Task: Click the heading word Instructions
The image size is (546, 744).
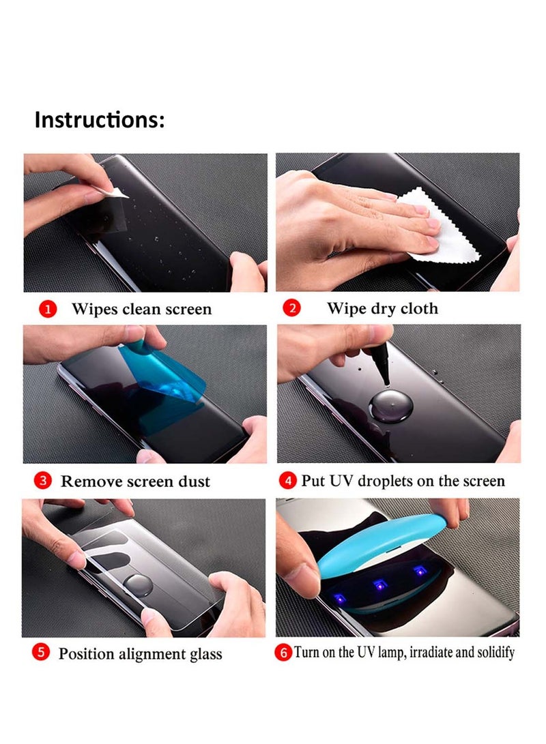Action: coord(97,119)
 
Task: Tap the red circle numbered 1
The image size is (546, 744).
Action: coord(48,310)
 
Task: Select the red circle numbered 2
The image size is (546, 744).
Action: coord(291,308)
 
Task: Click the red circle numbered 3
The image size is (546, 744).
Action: coord(43,481)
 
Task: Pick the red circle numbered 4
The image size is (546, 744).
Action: coord(288,481)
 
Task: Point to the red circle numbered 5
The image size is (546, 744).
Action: coord(41,652)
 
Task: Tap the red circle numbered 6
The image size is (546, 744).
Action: coord(283,653)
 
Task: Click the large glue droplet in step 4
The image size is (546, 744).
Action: coord(391,406)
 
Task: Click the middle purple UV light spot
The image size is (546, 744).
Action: coord(379,584)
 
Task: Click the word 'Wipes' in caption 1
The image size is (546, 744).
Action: coord(94,310)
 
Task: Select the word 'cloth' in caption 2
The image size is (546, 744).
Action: coord(419,308)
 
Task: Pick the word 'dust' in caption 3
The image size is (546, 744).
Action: coord(195,481)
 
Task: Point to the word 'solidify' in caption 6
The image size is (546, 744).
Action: coord(495,653)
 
